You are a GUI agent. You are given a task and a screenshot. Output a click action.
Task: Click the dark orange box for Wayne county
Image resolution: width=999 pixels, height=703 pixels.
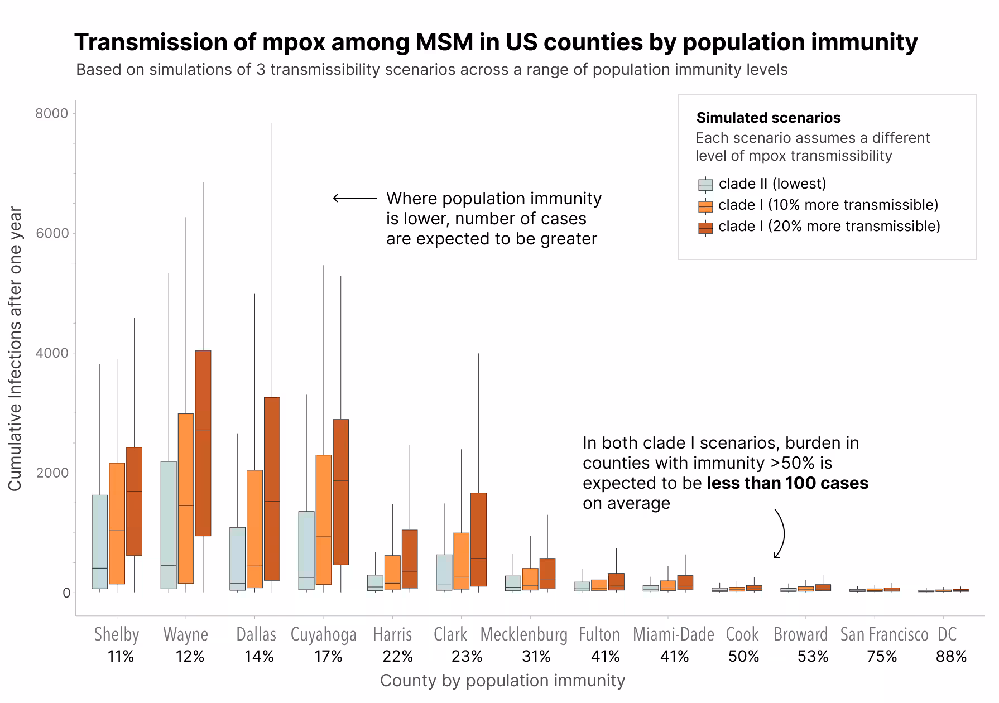(203, 443)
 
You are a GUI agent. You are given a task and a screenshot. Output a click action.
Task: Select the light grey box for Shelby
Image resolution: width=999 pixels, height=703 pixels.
(100, 541)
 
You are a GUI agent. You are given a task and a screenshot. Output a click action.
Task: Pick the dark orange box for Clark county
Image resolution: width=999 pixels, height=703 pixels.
(478, 539)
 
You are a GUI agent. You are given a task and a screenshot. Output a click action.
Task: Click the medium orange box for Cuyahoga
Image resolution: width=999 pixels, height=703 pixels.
(323, 519)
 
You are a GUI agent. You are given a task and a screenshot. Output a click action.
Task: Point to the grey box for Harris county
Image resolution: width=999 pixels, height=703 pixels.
(375, 582)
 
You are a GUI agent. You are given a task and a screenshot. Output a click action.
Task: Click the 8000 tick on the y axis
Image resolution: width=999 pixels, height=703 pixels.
(51, 114)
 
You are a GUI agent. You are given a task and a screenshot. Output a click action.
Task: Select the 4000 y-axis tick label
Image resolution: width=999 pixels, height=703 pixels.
(51, 353)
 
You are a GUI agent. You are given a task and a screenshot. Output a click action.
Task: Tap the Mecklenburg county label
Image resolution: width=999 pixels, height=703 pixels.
(523, 634)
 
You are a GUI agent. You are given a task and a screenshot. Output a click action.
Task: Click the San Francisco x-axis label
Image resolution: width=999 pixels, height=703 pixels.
(884, 634)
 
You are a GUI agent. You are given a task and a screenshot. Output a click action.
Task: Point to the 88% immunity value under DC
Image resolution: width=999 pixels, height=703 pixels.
(951, 657)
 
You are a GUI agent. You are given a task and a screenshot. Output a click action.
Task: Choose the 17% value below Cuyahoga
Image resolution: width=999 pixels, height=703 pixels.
(328, 657)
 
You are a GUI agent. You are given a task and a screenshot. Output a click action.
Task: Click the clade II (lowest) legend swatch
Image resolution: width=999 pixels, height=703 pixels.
(705, 185)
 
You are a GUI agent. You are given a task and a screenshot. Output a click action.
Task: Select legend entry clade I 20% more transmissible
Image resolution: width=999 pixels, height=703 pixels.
(829, 226)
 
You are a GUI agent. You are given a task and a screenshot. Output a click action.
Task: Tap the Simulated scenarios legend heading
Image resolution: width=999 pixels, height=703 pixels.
(769, 118)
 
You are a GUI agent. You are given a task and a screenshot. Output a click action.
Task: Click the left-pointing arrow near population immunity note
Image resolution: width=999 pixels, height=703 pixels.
(355, 198)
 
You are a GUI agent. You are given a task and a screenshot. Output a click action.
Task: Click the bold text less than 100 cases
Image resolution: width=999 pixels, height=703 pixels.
(787, 483)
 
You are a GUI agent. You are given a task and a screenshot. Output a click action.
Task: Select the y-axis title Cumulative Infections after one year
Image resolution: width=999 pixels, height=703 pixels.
(15, 349)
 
